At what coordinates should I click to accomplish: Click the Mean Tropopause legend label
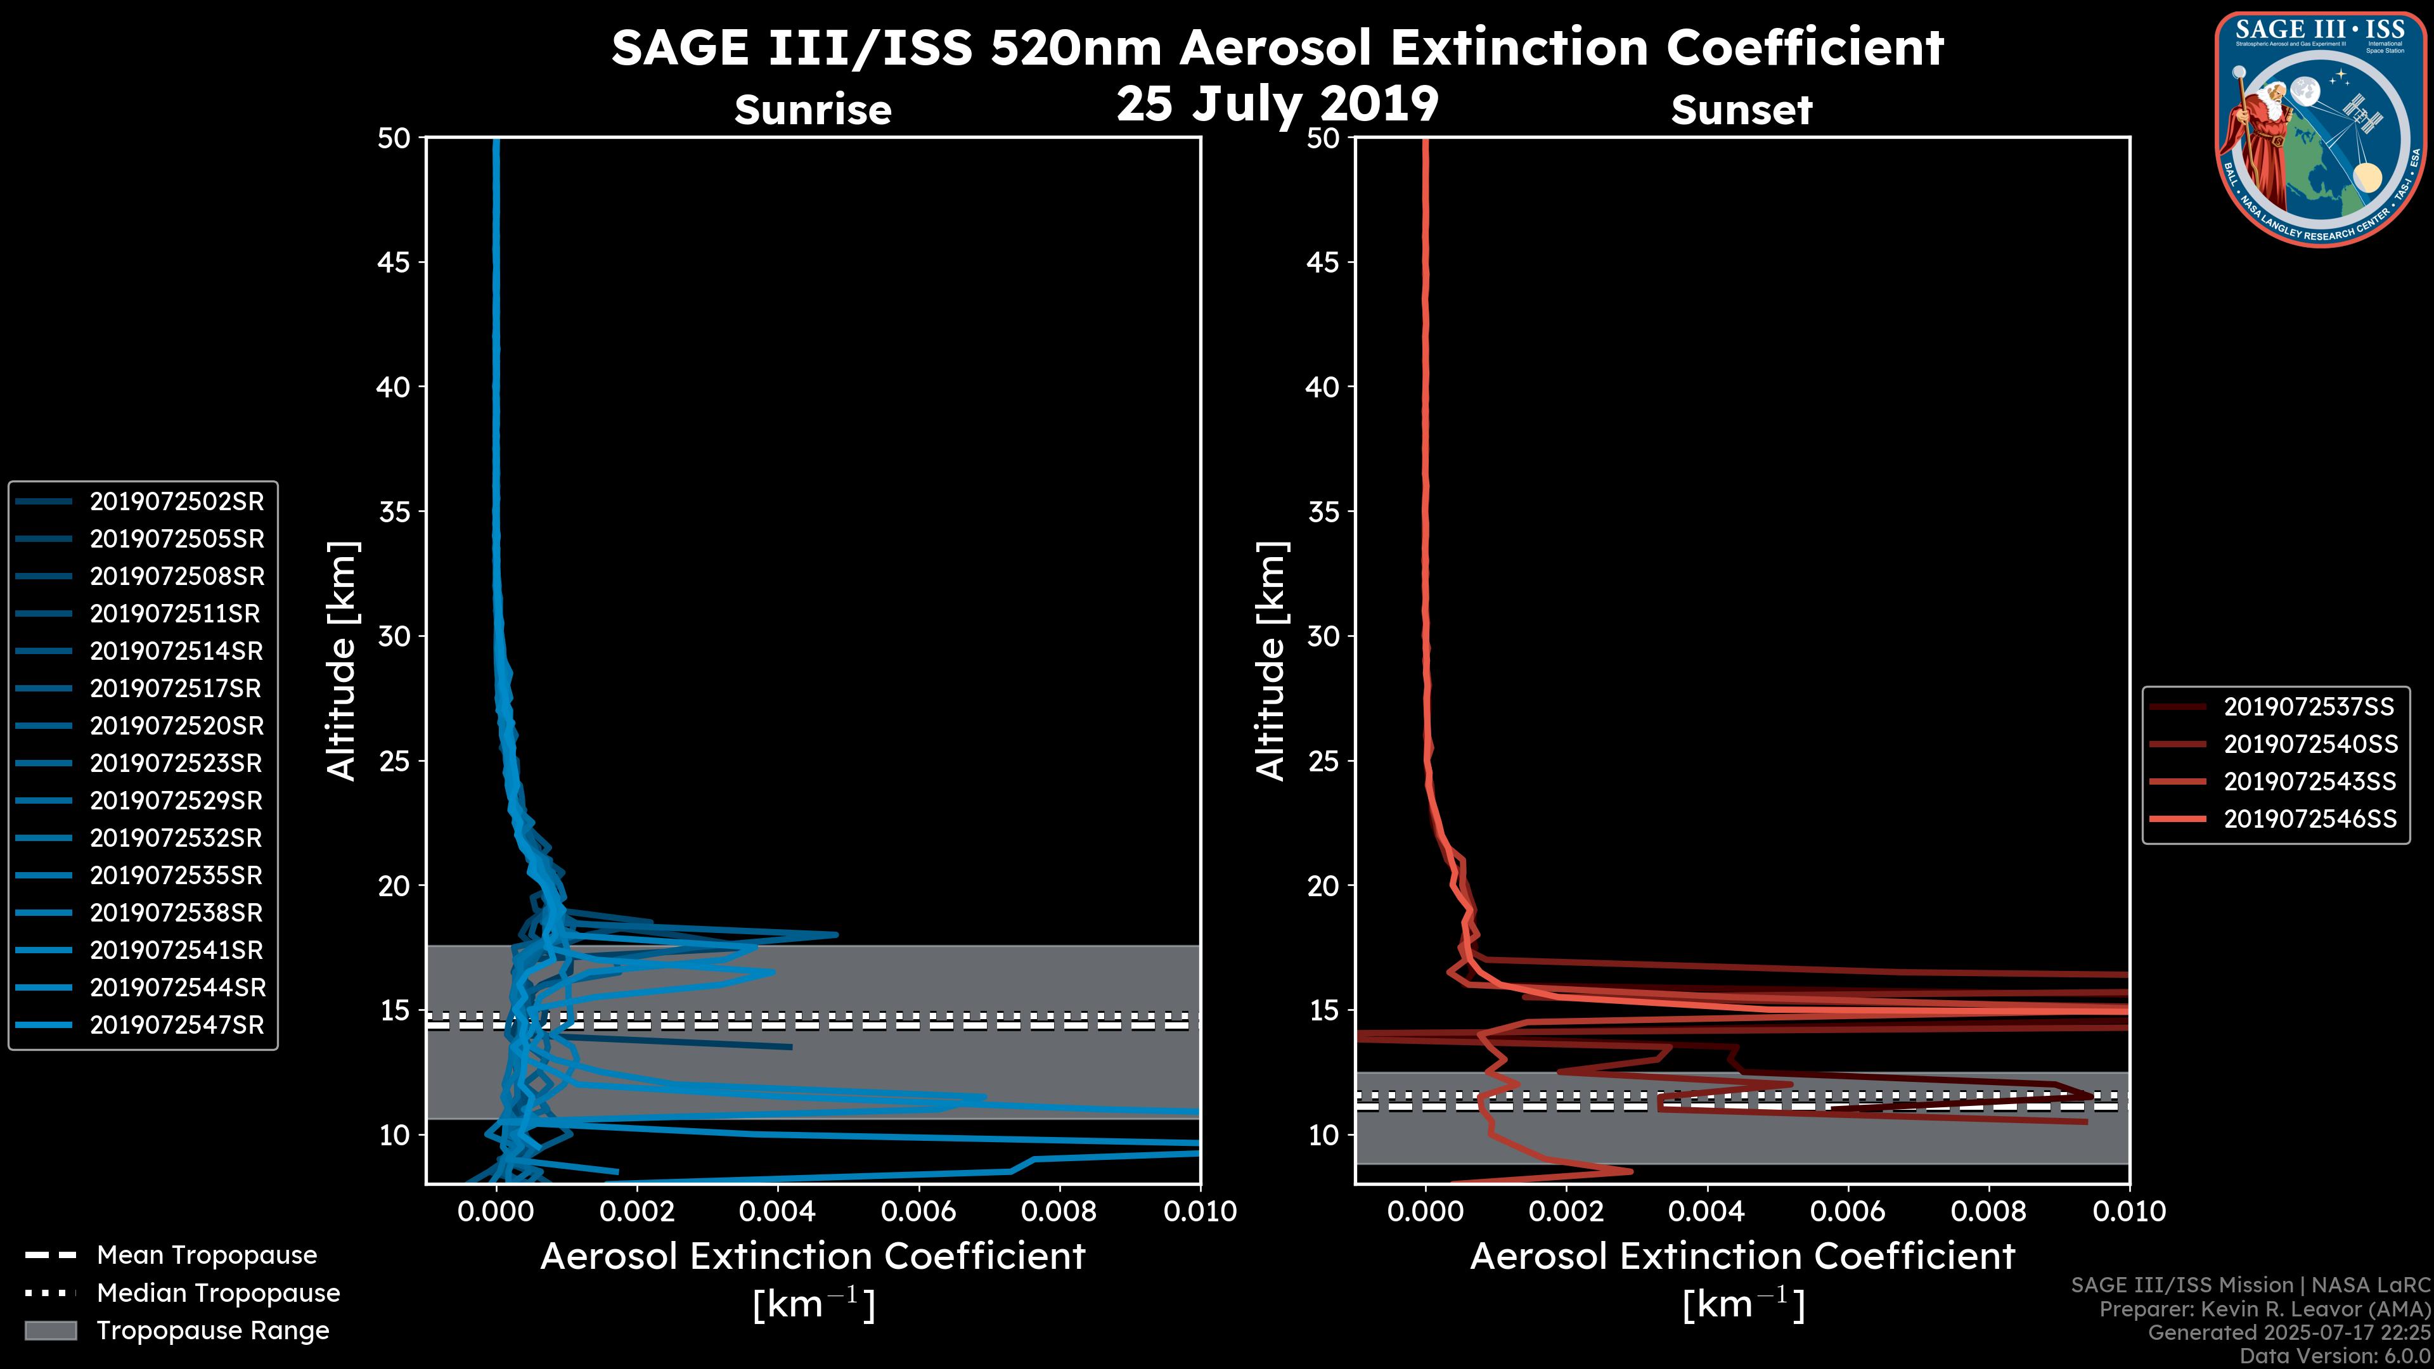point(207,1255)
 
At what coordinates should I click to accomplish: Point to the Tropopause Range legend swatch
point(50,1330)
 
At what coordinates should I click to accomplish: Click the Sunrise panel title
point(813,110)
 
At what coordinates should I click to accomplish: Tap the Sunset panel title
point(1741,110)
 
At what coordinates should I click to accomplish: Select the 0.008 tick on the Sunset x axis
point(1989,1211)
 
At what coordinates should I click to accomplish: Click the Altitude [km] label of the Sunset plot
point(1271,661)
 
